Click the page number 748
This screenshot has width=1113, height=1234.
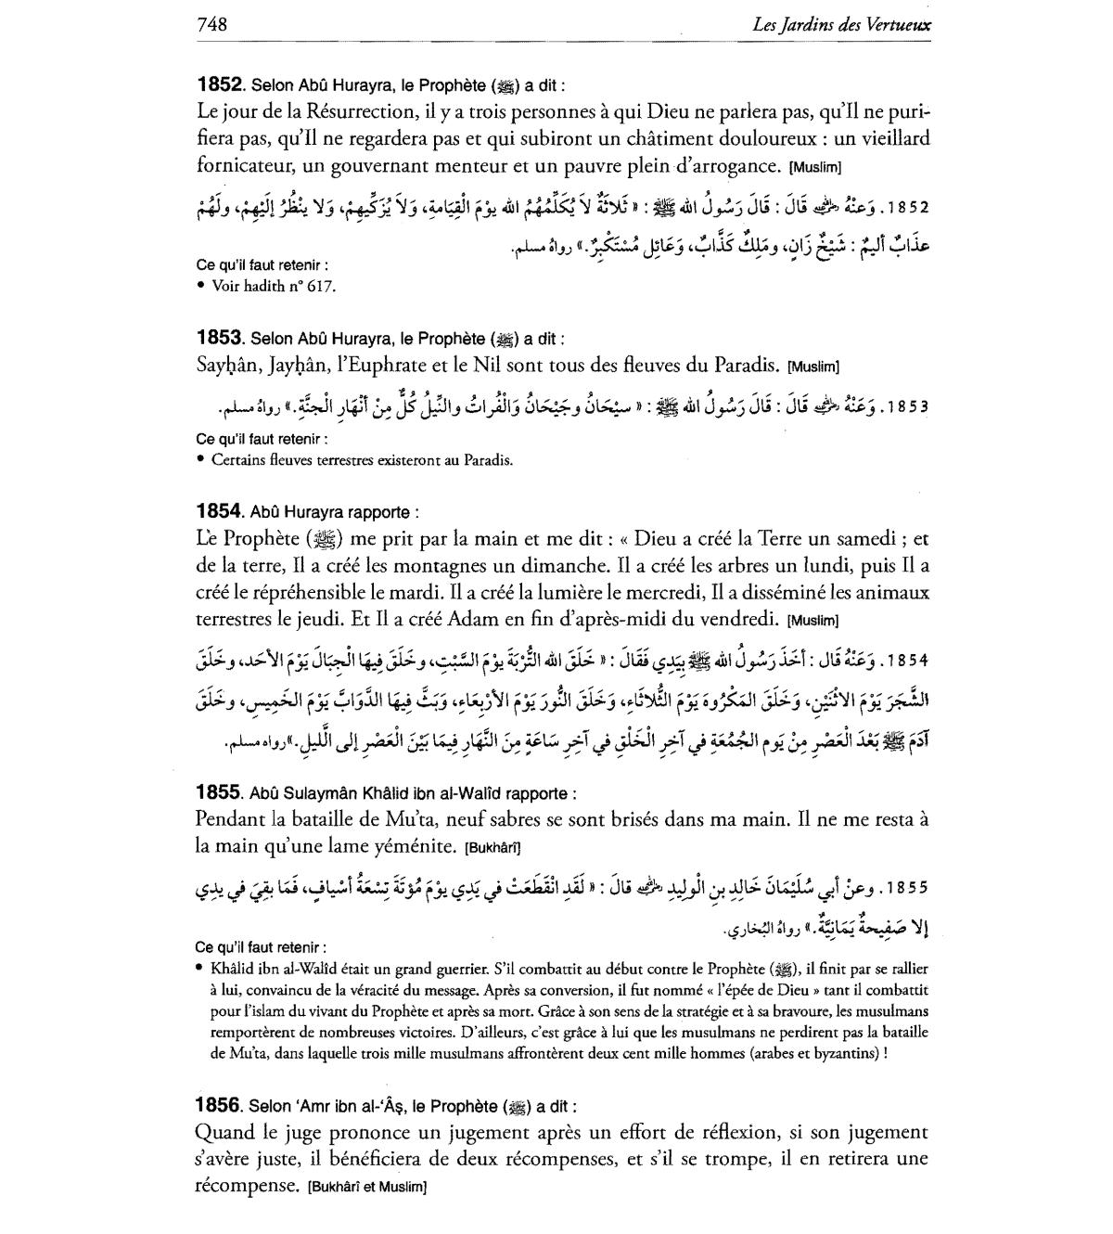tap(212, 24)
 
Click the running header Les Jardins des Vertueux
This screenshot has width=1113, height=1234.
tap(842, 25)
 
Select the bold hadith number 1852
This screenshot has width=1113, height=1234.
tap(220, 85)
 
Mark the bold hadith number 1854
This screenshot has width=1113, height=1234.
tap(220, 510)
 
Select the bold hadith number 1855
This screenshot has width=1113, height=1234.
tap(220, 793)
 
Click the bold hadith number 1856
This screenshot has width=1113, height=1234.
tap(220, 1106)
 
